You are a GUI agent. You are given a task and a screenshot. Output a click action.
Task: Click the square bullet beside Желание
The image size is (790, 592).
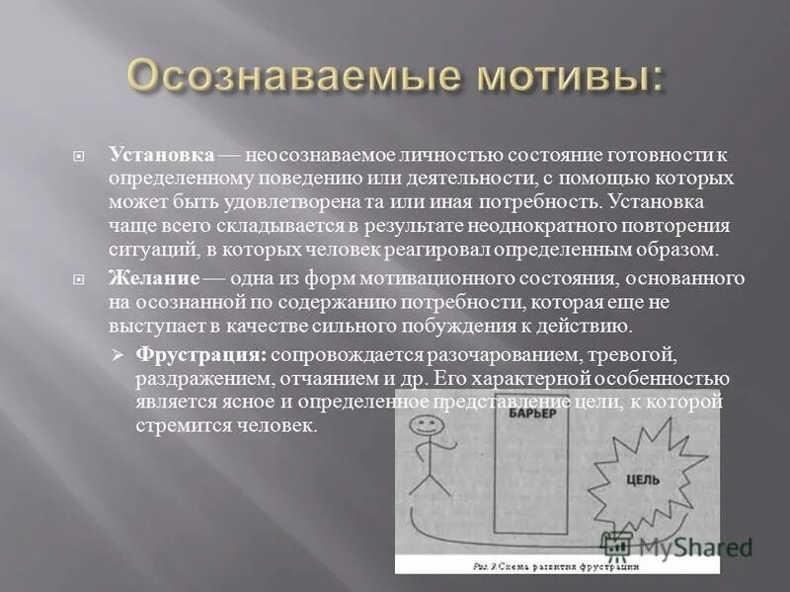point(89,279)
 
